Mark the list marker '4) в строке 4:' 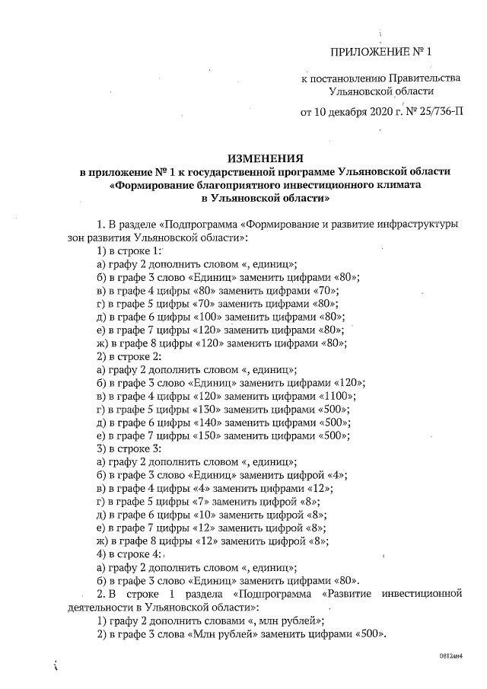pos(129,554)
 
